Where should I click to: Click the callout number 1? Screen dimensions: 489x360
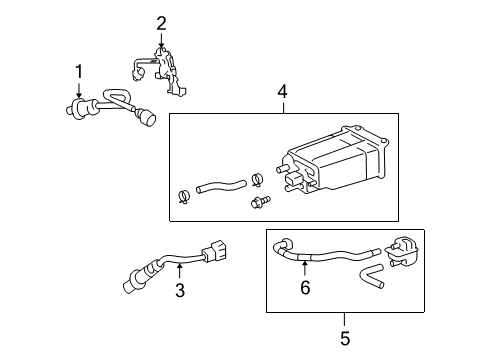pos(79,72)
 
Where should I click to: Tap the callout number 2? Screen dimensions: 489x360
pos(161,24)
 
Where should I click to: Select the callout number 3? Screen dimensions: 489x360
pos(180,290)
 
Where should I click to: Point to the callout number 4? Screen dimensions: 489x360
pos(282,92)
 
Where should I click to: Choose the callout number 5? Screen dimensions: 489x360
pos(345,339)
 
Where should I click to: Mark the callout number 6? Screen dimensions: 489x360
pos(305,287)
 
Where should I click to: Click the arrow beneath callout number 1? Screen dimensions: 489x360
pos(79,90)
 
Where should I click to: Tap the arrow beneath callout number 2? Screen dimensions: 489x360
pos(161,41)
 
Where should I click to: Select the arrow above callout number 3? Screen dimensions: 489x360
pos(180,270)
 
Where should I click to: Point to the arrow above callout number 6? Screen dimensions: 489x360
pos(305,269)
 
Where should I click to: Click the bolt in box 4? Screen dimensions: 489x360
pos(260,202)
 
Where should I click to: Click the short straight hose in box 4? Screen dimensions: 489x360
pos(221,186)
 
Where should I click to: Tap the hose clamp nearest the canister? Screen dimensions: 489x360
pos(257,178)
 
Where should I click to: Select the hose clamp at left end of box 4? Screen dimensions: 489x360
pos(184,196)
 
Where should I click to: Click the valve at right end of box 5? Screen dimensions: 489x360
pos(401,252)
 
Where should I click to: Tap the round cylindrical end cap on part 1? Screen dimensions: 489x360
pos(147,118)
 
